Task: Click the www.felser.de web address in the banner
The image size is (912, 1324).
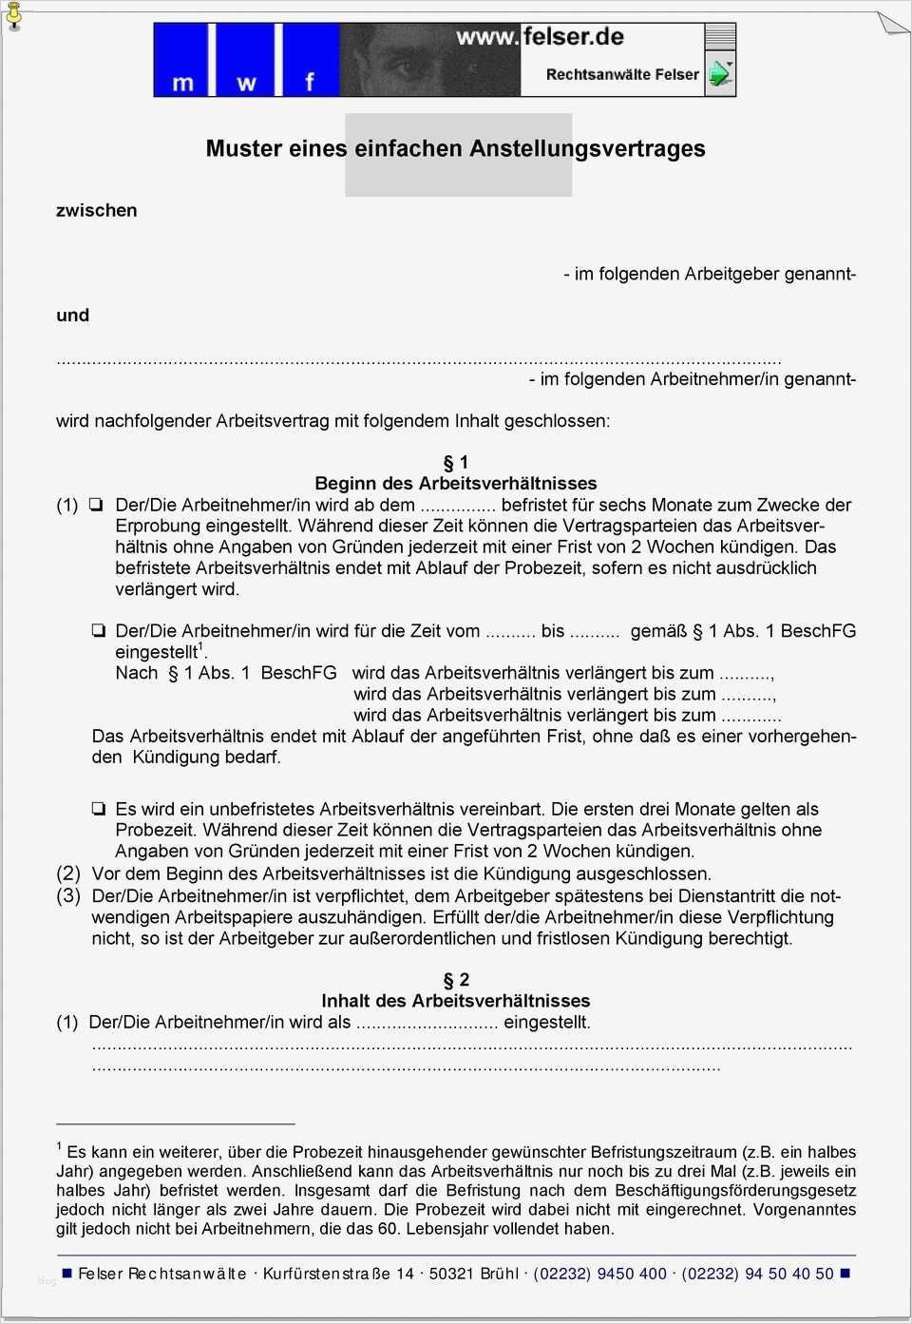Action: [540, 37]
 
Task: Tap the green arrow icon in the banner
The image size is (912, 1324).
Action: [719, 74]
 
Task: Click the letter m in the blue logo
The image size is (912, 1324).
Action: [182, 84]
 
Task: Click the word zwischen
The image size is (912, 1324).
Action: [96, 210]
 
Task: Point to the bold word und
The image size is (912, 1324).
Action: [72, 315]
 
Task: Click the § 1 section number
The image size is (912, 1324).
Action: [456, 463]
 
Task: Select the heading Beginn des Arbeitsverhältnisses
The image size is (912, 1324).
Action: [456, 484]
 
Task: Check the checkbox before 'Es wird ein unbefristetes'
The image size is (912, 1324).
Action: [98, 809]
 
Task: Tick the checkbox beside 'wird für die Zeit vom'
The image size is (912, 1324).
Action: [98, 630]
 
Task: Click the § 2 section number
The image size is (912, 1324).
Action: [456, 980]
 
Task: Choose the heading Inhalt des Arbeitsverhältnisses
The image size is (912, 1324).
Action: [456, 1001]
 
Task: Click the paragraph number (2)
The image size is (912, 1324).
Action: [68, 873]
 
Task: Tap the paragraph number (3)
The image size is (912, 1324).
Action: [68, 895]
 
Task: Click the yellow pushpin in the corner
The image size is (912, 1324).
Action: [13, 16]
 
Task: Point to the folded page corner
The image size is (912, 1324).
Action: [893, 21]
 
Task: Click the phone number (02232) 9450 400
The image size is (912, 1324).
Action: [599, 1274]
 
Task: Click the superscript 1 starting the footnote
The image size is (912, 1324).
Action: [59, 1146]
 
